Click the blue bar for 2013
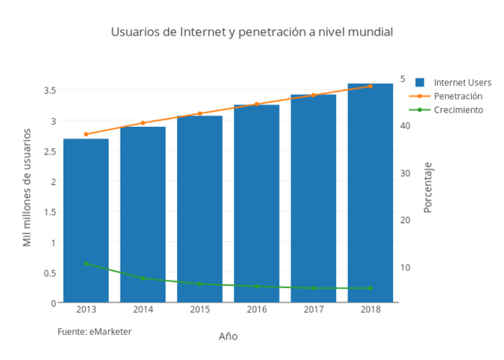point(86,221)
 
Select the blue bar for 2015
point(199,209)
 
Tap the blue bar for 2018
point(370,193)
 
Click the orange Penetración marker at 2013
point(86,134)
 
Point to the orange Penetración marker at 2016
point(257,104)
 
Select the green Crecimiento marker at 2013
point(86,263)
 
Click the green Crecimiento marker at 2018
point(370,288)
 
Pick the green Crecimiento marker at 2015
point(199,284)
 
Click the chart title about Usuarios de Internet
point(251,32)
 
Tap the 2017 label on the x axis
point(313,310)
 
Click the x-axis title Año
point(228,336)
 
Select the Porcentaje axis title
point(428,187)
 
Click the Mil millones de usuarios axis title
point(27,187)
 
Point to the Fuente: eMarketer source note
point(94,332)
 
